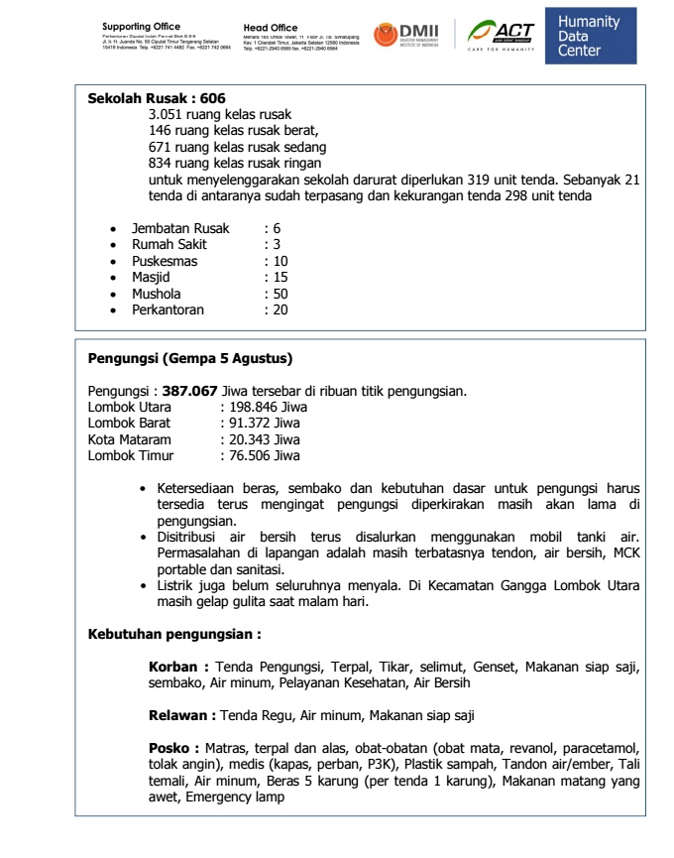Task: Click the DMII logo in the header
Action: click(x=406, y=35)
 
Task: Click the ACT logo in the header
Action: click(x=502, y=35)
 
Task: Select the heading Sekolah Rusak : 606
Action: click(x=157, y=99)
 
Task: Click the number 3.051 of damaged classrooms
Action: click(x=168, y=115)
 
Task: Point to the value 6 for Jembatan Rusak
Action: click(x=277, y=229)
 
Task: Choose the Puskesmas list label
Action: click(x=165, y=262)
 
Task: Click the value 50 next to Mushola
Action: click(x=281, y=294)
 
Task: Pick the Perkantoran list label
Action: click(x=168, y=309)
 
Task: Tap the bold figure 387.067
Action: click(x=189, y=391)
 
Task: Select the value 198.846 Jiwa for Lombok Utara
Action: click(x=268, y=407)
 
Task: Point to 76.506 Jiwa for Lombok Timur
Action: click(x=265, y=455)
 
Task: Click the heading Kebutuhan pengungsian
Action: click(x=174, y=633)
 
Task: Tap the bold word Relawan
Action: click(x=181, y=714)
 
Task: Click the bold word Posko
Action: click(x=173, y=747)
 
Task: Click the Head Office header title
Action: click(x=270, y=28)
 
